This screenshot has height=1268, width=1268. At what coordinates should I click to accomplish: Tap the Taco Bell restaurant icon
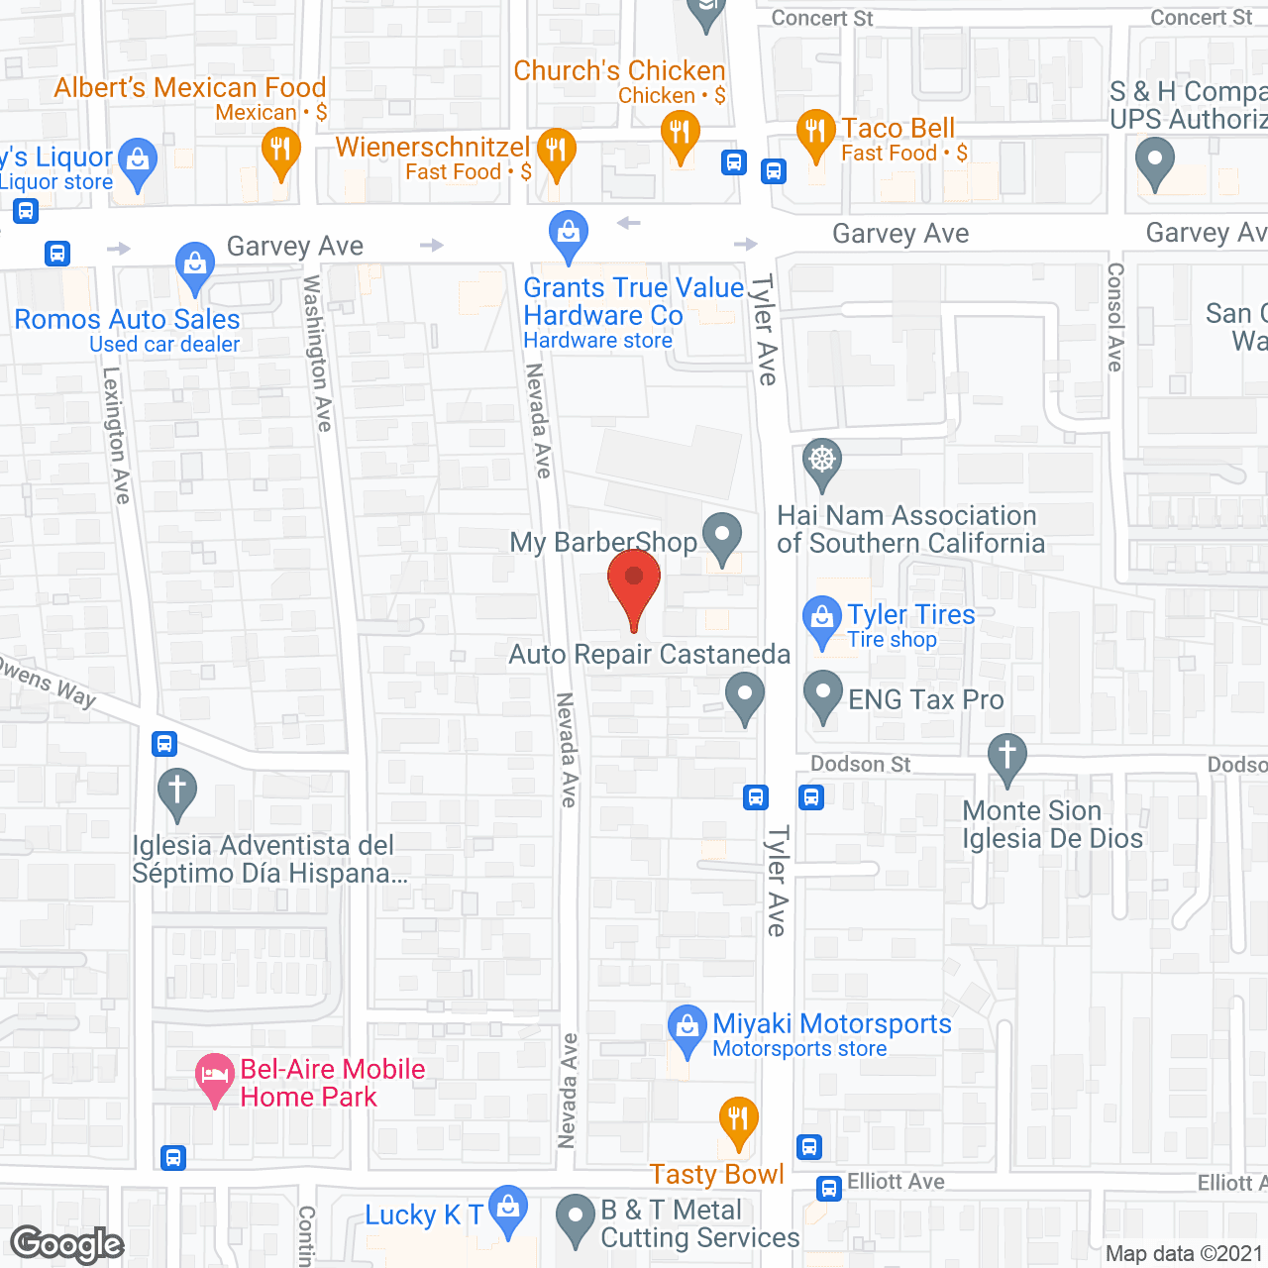[815, 133]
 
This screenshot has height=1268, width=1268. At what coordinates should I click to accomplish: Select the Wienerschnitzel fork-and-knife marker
[556, 152]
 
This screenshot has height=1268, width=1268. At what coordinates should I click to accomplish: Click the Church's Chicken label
[619, 71]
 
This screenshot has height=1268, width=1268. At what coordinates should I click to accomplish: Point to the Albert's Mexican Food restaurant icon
[281, 152]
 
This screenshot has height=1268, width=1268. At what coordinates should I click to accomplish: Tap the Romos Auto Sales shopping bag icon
[195, 265]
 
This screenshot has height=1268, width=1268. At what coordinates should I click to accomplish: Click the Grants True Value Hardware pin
[569, 235]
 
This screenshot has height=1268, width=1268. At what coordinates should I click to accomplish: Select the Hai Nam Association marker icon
[822, 462]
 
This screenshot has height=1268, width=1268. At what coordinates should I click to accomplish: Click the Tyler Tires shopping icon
[822, 619]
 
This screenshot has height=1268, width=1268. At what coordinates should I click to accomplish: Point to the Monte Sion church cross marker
[1007, 757]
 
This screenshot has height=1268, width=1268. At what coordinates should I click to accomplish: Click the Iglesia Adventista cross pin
[177, 792]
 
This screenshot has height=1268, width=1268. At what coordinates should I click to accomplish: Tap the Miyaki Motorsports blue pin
[687, 1028]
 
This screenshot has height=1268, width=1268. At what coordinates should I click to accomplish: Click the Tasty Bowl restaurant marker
[738, 1121]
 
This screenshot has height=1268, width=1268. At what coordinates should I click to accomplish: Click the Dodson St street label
[860, 764]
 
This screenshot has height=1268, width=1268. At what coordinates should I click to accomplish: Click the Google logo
[67, 1244]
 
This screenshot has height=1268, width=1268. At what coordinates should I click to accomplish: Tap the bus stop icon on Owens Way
[164, 743]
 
